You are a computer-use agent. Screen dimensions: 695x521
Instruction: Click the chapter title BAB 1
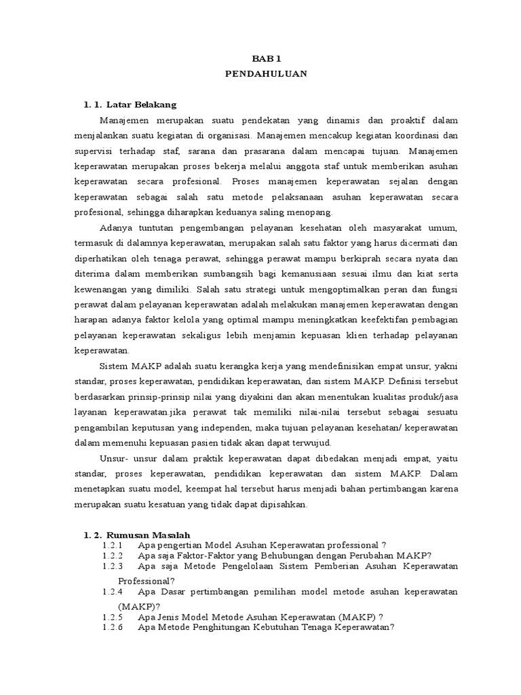coord(266,60)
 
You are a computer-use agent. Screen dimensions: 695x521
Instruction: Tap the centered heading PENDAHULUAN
coord(266,74)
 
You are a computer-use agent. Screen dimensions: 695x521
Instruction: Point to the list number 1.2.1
coord(112,545)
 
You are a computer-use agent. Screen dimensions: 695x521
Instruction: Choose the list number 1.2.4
coord(112,592)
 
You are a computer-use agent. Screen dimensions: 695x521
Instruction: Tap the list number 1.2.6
coord(112,627)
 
